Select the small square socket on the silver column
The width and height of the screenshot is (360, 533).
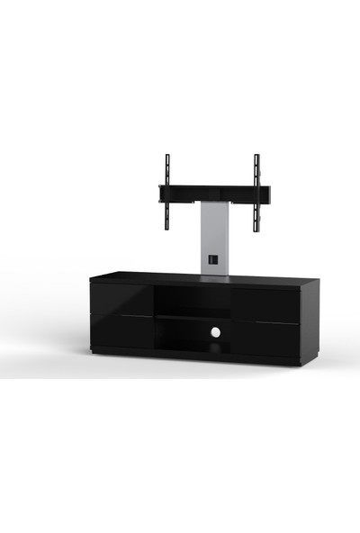pos(212,260)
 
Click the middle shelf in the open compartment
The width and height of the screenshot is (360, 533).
pos(192,317)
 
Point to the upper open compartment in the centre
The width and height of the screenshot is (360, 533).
pos(192,300)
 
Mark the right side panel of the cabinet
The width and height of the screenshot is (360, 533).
pos(310,322)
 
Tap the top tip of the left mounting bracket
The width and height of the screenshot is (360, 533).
pos(167,157)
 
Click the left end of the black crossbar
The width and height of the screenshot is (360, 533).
pos(161,193)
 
